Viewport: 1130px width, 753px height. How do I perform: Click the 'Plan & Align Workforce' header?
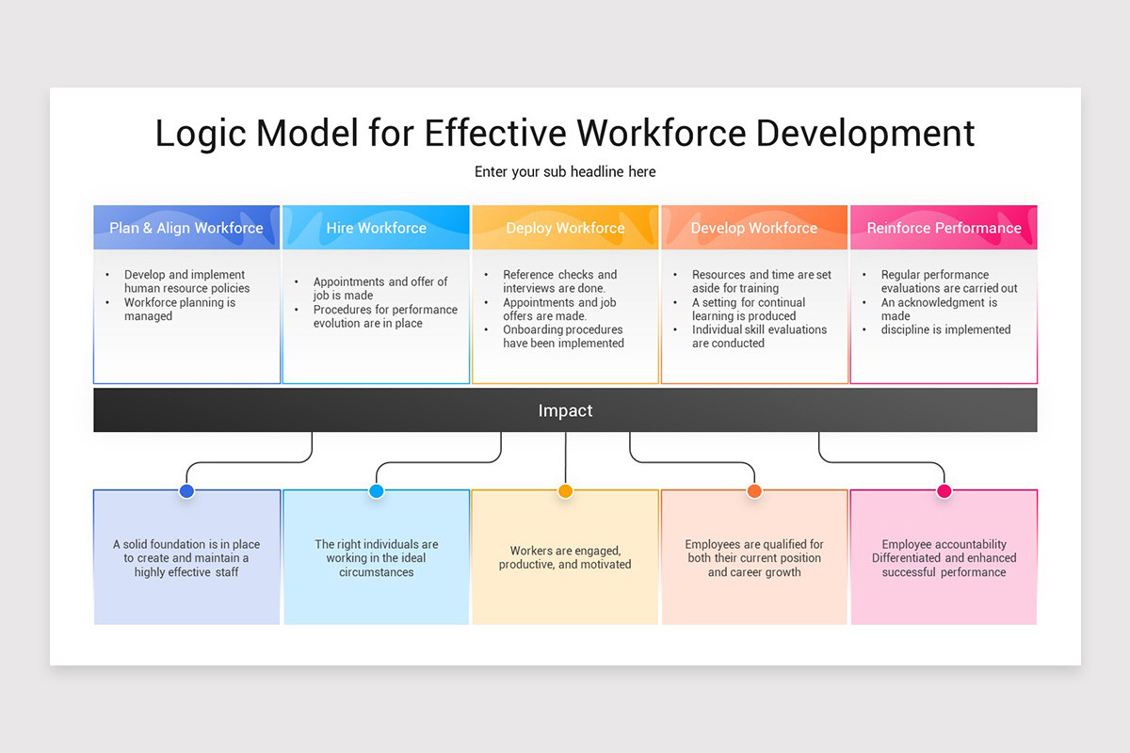[186, 228]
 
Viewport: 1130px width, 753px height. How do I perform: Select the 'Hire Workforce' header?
[376, 228]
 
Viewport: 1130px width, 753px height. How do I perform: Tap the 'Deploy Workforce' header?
[565, 228]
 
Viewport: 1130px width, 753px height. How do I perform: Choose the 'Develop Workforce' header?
[754, 228]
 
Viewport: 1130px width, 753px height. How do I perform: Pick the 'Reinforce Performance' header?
[944, 228]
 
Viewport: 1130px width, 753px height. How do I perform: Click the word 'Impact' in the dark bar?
[565, 410]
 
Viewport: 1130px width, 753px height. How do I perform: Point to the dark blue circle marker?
[186, 491]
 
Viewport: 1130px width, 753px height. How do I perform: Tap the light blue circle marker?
[377, 491]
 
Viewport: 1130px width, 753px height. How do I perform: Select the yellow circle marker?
[565, 491]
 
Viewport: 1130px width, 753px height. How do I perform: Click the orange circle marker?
[754, 491]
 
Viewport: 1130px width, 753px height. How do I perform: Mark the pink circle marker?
[944, 491]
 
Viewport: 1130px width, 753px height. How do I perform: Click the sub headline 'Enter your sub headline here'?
[565, 172]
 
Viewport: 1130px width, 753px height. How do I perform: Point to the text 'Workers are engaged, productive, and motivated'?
[565, 557]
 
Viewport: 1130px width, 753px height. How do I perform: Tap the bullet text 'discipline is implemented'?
[945, 329]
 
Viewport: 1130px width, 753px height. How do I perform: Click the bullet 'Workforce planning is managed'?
[179, 310]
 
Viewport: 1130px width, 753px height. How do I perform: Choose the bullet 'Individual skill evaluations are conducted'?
[758, 337]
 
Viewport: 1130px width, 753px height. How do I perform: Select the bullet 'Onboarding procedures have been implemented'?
[563, 337]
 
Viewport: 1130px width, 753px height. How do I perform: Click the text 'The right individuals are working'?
[377, 551]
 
